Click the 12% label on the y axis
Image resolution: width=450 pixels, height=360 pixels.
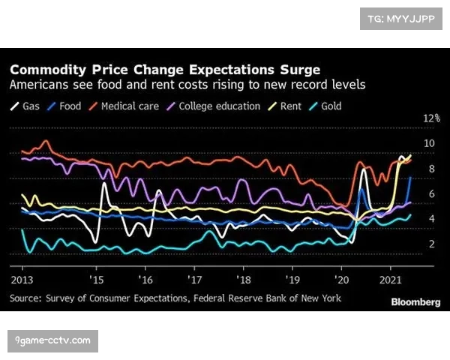(x=432, y=118)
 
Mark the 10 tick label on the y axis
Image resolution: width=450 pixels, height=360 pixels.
(x=429, y=143)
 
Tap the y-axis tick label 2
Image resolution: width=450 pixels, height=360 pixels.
(x=431, y=244)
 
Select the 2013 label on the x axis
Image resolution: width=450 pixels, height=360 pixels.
(x=22, y=278)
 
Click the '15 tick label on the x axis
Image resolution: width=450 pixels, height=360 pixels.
(x=97, y=278)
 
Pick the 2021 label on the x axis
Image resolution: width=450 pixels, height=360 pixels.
(x=390, y=278)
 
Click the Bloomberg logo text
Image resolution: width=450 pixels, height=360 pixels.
(x=415, y=301)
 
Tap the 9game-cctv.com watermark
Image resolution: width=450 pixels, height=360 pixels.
(x=52, y=341)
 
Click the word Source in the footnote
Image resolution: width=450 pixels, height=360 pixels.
(x=28, y=298)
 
